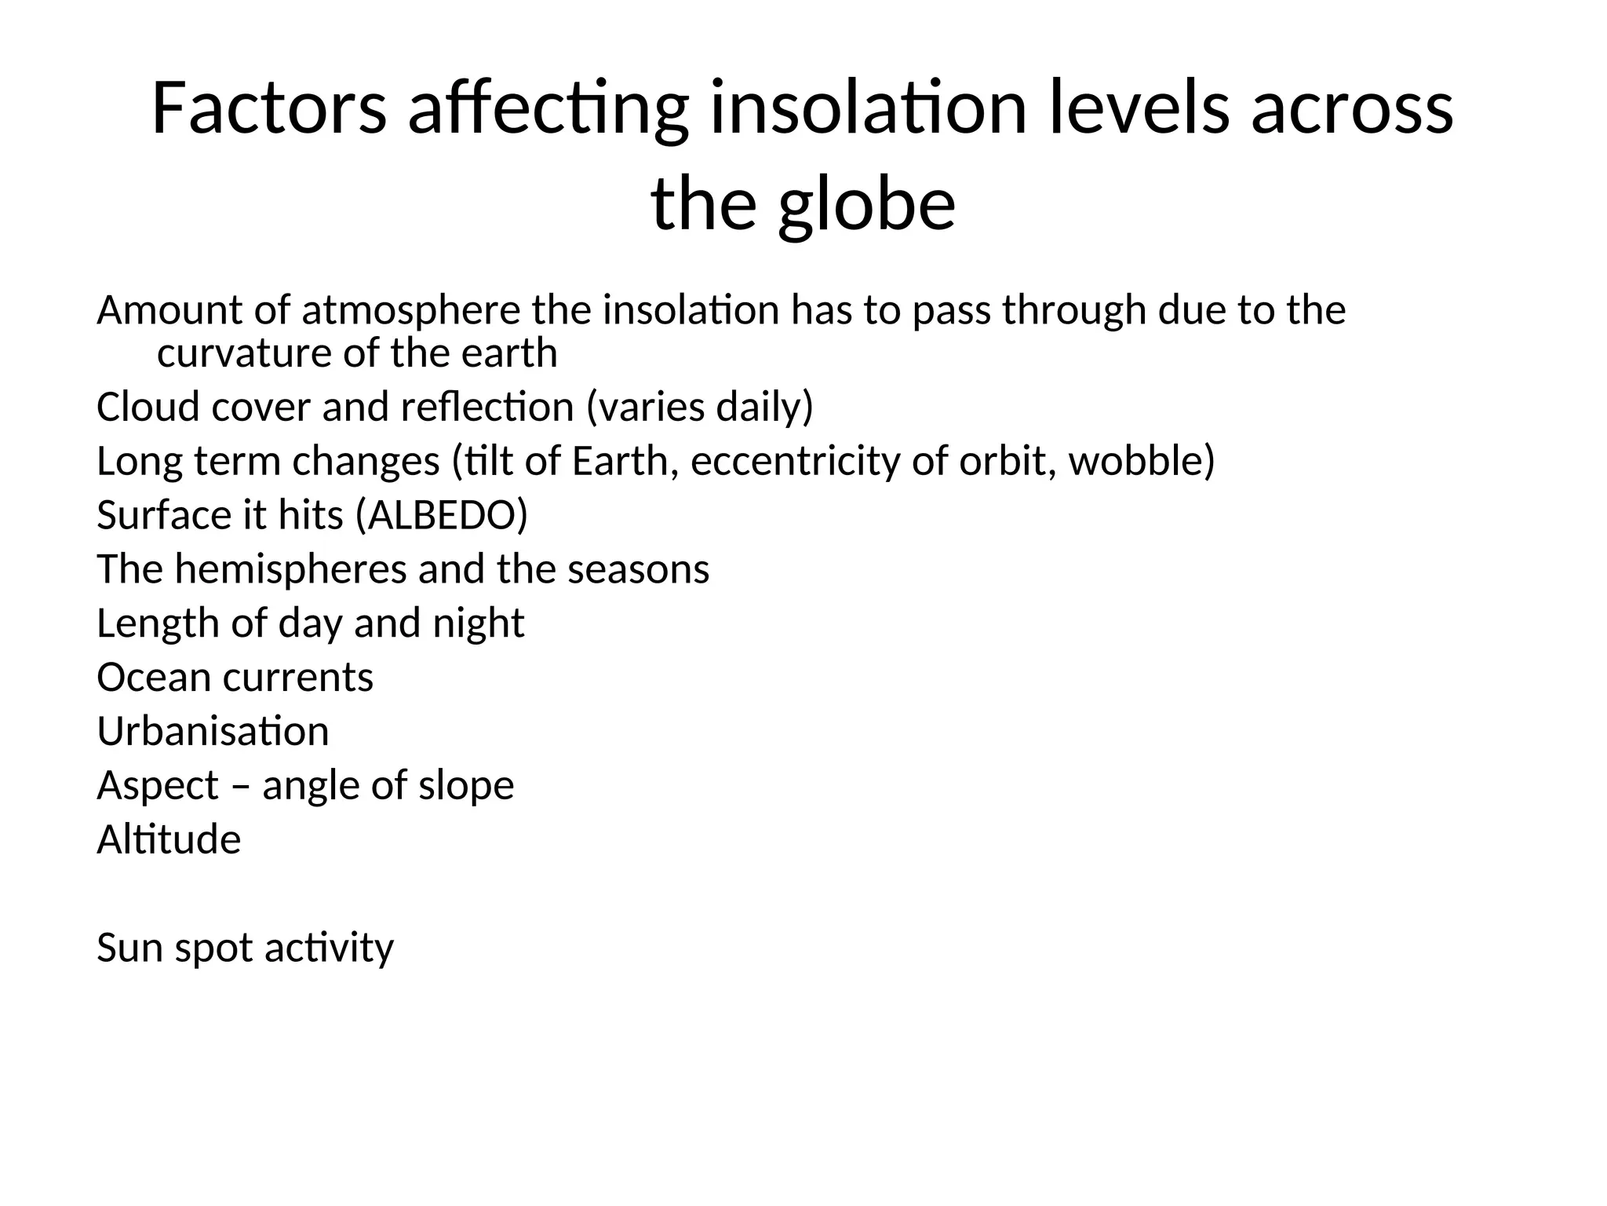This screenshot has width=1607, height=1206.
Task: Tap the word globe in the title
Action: pos(867,206)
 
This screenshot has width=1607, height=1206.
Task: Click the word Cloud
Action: pos(147,407)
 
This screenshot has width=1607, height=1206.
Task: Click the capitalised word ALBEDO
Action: pos(442,515)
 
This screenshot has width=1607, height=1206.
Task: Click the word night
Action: pos(479,623)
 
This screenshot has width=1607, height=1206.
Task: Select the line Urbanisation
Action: pos(213,731)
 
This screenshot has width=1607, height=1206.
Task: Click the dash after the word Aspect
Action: pos(240,786)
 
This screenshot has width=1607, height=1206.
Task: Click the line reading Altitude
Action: pos(169,839)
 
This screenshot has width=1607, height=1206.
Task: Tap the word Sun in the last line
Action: pos(129,948)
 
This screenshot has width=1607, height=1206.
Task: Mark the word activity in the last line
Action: pos(329,948)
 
